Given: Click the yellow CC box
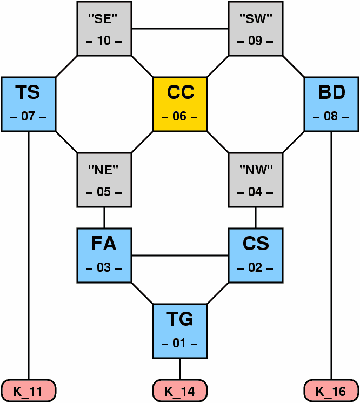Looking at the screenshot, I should point(180,104).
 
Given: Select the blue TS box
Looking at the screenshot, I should point(29,104).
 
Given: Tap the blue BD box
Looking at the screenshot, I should point(331,104).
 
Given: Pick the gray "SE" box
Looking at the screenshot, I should point(104,28).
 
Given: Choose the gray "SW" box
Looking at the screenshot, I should point(256,28).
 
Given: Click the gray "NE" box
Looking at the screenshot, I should point(104,179).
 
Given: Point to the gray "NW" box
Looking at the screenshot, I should point(256,179).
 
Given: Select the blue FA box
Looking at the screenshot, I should point(104,255).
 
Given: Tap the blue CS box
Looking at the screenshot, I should point(256,255).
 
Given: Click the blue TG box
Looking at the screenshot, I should point(180,331).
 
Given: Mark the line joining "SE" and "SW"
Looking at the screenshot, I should point(180,28).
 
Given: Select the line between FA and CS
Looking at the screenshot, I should point(180,255).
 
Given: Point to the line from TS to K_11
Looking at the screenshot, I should point(29,254).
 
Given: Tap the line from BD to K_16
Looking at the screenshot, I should point(331,254).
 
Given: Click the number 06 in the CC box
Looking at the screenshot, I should point(180,117).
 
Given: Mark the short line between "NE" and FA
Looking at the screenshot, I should point(104,217).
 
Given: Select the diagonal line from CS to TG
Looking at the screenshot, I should point(218,293).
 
